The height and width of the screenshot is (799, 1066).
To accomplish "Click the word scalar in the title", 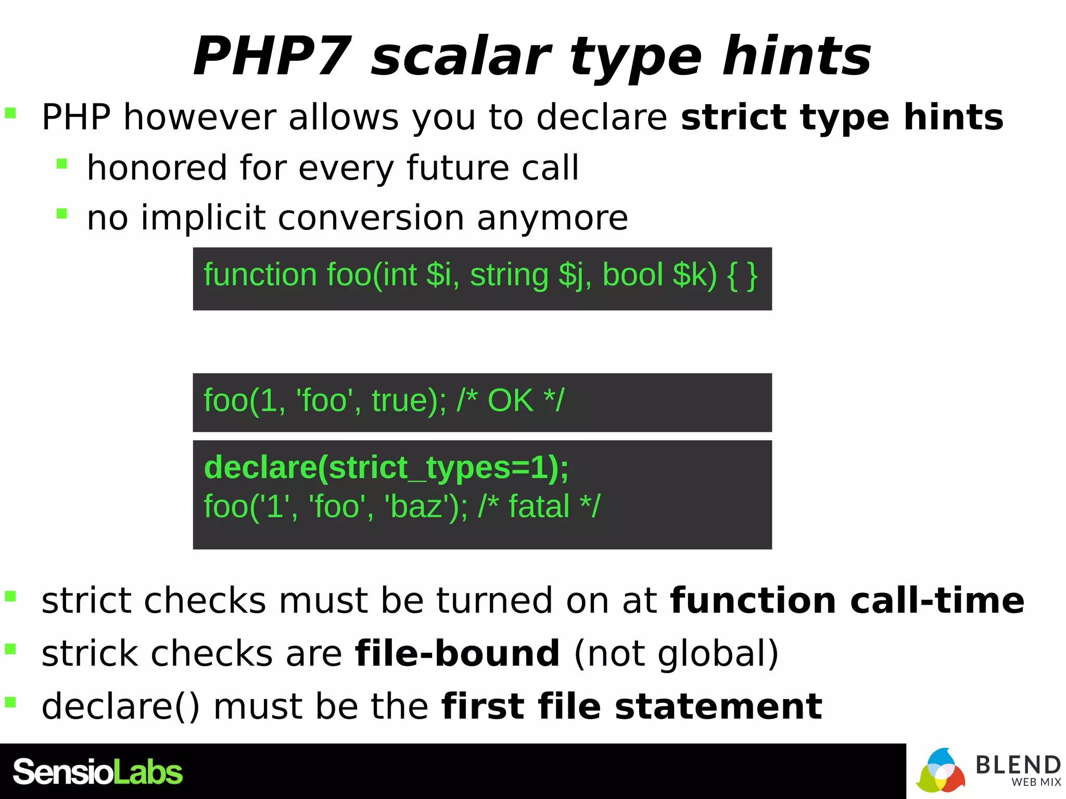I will [x=460, y=56].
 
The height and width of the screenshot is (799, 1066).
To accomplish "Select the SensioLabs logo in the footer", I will [x=97, y=772].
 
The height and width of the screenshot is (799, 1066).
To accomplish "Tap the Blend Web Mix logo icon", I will [x=941, y=771].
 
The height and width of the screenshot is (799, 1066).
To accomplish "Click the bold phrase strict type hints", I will [x=842, y=117].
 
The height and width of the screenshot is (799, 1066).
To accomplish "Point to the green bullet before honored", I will [x=62, y=164].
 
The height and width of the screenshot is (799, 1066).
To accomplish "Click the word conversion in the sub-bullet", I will [x=371, y=217].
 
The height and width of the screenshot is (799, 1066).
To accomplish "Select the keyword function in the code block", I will [x=260, y=275].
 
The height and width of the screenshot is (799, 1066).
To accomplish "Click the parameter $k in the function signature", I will [x=694, y=275].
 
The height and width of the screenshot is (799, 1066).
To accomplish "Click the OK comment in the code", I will [x=510, y=401].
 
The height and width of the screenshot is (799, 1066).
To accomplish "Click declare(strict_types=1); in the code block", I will [x=386, y=467].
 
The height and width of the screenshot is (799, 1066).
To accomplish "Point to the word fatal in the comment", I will [x=539, y=506].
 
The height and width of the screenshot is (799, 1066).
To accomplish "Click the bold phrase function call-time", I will [x=847, y=601].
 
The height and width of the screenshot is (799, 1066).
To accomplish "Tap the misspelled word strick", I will [x=90, y=653].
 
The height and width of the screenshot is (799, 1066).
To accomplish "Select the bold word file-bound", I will [x=457, y=653].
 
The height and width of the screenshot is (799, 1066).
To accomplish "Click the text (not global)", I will [x=676, y=653].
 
